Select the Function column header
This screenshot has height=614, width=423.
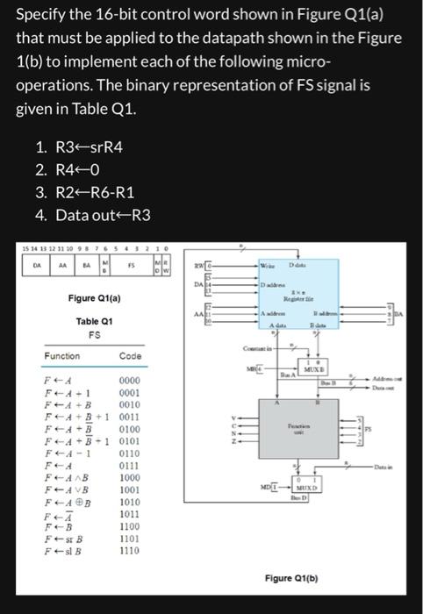(62, 356)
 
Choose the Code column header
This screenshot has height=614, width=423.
(129, 356)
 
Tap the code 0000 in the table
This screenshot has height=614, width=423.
(129, 382)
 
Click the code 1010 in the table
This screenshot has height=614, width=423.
(129, 502)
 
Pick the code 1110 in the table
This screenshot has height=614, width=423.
(129, 551)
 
